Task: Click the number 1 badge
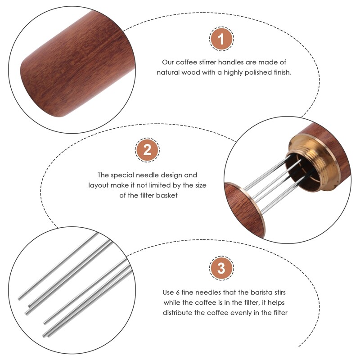click(221, 39)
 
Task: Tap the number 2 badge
click(147, 150)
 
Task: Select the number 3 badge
click(221, 269)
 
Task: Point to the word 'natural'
click(169, 72)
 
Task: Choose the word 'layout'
click(99, 185)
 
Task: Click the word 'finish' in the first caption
click(282, 72)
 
